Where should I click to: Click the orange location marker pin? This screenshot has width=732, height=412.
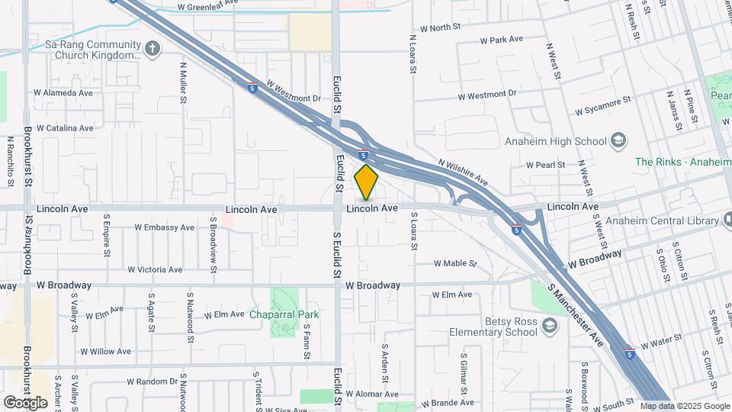pyautogui.click(x=367, y=182)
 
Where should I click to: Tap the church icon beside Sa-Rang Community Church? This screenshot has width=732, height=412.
pyautogui.click(x=152, y=50)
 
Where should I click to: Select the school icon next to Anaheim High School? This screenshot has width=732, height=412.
pyautogui.click(x=618, y=141)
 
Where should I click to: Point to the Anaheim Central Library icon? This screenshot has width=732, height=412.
pyautogui.click(x=725, y=221)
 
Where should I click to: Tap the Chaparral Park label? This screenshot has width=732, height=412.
pyautogui.click(x=284, y=314)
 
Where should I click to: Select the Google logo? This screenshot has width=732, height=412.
pyautogui.click(x=26, y=402)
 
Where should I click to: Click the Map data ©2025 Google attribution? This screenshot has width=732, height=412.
pyautogui.click(x=685, y=406)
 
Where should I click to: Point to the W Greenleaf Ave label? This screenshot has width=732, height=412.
pyautogui.click(x=208, y=7)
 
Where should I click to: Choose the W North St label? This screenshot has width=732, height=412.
pyautogui.click(x=441, y=27)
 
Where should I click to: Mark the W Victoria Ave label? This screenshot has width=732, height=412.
pyautogui.click(x=155, y=269)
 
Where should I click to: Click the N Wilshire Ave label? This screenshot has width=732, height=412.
pyautogui.click(x=463, y=172)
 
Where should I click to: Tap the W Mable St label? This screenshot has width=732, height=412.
pyautogui.click(x=454, y=263)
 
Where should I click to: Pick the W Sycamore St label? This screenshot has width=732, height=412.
pyautogui.click(x=603, y=105)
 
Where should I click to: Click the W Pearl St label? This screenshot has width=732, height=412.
pyautogui.click(x=546, y=165)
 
